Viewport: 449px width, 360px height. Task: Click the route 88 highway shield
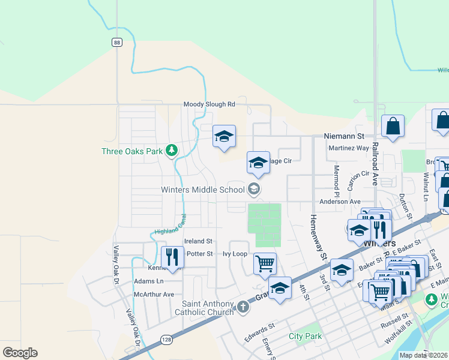(117, 41)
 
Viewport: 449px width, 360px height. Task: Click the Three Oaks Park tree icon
(172, 151)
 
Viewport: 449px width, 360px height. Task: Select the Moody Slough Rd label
(209, 104)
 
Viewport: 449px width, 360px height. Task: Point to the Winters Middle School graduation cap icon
(253, 190)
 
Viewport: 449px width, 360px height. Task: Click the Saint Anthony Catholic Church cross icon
(243, 307)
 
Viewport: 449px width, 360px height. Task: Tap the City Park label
(305, 336)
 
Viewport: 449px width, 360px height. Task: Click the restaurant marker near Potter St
(172, 257)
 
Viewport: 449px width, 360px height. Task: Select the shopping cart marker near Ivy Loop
(265, 263)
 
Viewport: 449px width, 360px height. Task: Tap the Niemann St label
(344, 137)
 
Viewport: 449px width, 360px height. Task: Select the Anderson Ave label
(340, 202)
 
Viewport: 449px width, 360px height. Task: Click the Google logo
(20, 353)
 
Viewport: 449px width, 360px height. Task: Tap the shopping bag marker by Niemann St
(393, 127)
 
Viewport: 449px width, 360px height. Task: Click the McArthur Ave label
(154, 294)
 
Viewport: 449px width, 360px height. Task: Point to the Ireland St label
(199, 241)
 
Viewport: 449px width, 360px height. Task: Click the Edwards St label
(259, 334)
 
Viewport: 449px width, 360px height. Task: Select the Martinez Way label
(349, 148)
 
